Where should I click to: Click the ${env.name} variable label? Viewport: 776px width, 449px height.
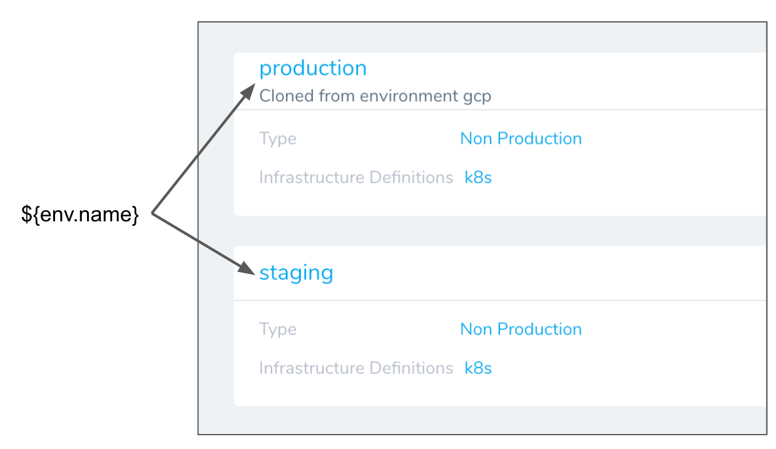[79, 214]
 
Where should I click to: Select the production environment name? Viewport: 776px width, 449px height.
[313, 69]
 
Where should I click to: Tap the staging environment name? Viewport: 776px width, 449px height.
[296, 273]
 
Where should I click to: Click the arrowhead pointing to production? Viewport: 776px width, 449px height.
[248, 91]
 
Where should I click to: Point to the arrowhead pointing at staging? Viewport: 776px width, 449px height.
[247, 268]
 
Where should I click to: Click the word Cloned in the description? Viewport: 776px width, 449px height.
[287, 96]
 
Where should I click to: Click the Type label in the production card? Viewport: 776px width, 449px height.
[278, 139]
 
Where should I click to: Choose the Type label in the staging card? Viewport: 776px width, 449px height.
[278, 330]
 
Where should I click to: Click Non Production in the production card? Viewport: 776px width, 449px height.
[521, 138]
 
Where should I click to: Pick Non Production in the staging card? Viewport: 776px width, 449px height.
[521, 329]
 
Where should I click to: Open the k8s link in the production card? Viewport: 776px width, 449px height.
[478, 177]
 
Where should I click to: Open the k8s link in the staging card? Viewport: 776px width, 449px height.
[478, 368]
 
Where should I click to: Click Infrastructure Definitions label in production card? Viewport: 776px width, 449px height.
[356, 177]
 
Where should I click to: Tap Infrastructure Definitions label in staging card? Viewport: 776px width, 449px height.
[356, 368]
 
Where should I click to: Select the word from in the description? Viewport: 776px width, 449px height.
[337, 96]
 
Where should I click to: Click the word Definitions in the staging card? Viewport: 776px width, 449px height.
[411, 368]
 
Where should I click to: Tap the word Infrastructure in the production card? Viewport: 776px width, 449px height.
[312, 177]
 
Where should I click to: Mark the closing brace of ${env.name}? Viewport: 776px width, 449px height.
[135, 215]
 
